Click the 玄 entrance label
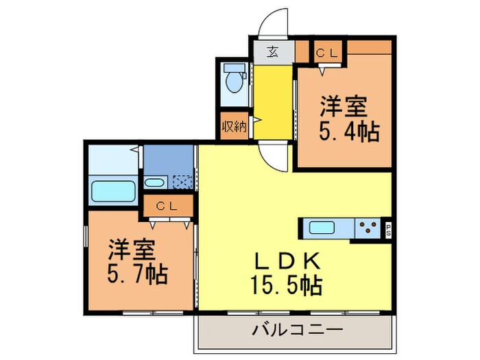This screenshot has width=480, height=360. (x=272, y=51)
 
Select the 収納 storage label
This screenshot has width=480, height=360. (x=234, y=127)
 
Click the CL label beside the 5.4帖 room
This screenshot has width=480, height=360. (x=325, y=51)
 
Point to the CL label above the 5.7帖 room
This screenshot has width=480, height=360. (x=166, y=205)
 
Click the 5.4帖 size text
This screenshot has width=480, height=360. (x=348, y=130)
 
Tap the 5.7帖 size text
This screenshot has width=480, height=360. (x=136, y=274)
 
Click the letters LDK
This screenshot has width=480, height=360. (x=287, y=261)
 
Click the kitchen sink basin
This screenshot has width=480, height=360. (x=321, y=228)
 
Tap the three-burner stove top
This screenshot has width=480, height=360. (x=369, y=228)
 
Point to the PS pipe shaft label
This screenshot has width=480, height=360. (x=388, y=228)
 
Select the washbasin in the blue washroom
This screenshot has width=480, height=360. (x=154, y=182)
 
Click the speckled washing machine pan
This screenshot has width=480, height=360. (x=182, y=182)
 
